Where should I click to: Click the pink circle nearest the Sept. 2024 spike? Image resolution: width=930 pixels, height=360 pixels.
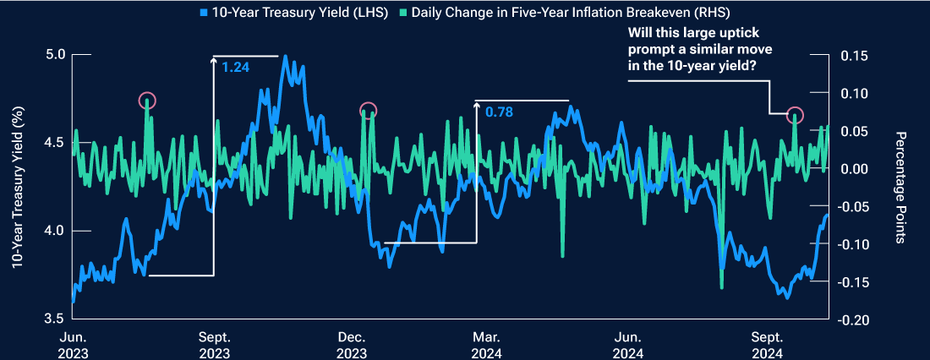point(795,115)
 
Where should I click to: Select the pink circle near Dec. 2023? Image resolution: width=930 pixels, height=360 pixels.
point(368,110)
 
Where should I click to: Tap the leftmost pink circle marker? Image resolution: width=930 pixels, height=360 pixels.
point(147,101)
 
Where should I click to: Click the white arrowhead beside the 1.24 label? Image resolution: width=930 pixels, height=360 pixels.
point(214,60)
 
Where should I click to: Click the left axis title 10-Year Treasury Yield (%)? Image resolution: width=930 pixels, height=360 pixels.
point(17,188)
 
